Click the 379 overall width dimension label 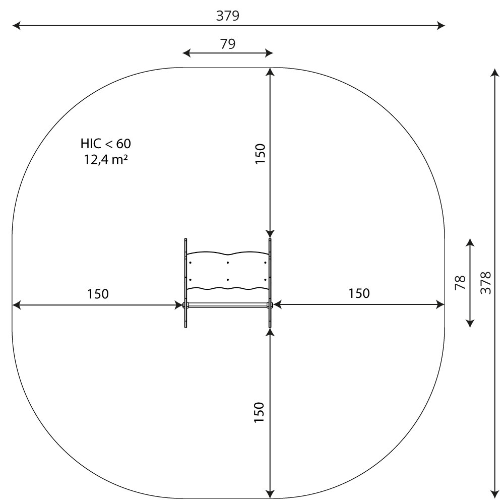[228, 16]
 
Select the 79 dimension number [228, 44]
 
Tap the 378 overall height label [486, 283]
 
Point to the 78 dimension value [460, 283]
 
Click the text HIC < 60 [106, 144]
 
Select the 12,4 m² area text [106, 159]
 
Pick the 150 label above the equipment [260, 154]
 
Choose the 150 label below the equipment [259, 412]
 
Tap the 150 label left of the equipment [98, 294]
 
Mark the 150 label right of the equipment [359, 293]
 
